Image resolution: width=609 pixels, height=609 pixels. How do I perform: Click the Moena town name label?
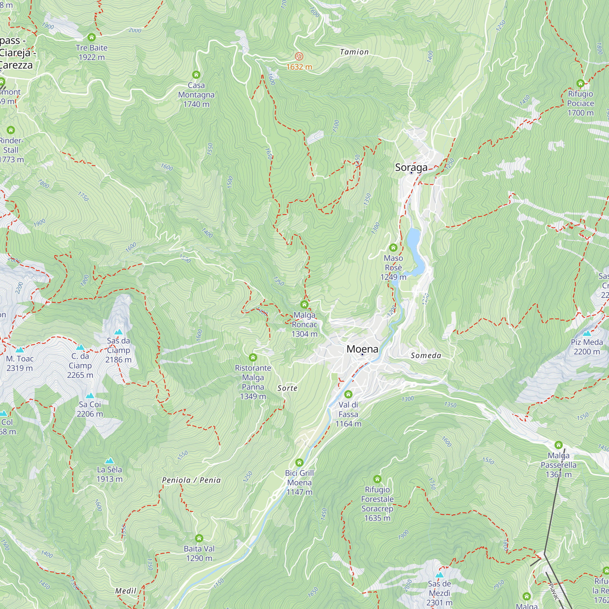click(x=362, y=349)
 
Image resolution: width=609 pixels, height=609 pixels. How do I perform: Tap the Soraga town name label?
click(x=411, y=167)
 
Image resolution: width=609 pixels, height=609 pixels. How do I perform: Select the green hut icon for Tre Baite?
click(x=92, y=37)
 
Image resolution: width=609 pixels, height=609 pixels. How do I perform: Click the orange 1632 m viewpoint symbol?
click(x=299, y=57)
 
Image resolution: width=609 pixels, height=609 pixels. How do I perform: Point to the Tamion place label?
click(x=354, y=52)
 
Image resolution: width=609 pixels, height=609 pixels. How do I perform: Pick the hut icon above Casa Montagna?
click(x=196, y=75)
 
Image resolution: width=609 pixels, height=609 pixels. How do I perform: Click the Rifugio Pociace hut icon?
click(x=580, y=83)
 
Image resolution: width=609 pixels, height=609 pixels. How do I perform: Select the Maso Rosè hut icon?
click(x=393, y=248)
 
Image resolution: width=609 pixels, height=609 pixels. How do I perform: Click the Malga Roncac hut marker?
click(x=304, y=304)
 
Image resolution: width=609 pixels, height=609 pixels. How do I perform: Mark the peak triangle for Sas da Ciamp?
click(x=118, y=332)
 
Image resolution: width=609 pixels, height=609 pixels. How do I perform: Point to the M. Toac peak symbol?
click(x=19, y=350)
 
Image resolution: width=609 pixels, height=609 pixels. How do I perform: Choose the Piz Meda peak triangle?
click(x=587, y=333)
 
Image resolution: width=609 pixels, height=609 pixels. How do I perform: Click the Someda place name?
click(x=426, y=356)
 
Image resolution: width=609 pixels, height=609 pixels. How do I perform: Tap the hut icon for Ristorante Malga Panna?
click(x=253, y=357)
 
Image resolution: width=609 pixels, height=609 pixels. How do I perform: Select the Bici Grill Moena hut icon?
click(x=299, y=463)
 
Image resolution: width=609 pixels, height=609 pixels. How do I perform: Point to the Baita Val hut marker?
click(x=199, y=538)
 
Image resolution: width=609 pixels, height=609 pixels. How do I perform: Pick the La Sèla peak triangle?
click(x=109, y=460)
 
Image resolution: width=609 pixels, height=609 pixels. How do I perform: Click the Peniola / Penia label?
click(x=191, y=480)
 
